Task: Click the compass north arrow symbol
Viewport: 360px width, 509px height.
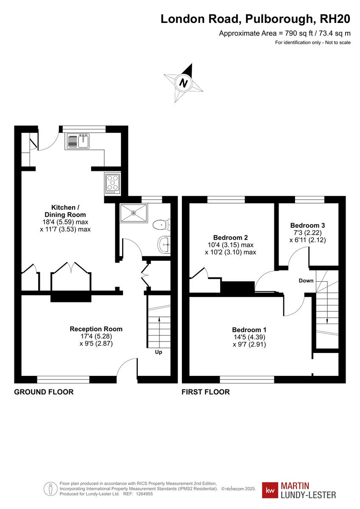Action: point(184,82)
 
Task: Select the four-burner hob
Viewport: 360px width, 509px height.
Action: point(113,184)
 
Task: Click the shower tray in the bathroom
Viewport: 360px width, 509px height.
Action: point(134,213)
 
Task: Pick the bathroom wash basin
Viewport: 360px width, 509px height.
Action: point(164,244)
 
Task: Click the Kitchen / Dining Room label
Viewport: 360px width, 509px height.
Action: point(65,211)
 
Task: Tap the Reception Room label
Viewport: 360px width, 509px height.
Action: point(96,329)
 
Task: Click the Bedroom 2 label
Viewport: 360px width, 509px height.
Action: point(230,238)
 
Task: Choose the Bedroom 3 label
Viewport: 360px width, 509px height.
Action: point(307,225)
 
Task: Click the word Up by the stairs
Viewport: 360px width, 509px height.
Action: point(158,352)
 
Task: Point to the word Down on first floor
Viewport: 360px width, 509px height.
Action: point(306,280)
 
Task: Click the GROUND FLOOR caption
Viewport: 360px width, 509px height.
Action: point(44,392)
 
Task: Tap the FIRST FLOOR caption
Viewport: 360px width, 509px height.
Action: point(206,392)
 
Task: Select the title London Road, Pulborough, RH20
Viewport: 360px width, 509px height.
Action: point(255,19)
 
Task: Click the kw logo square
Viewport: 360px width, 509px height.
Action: point(270,491)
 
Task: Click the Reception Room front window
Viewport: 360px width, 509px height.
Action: point(63,379)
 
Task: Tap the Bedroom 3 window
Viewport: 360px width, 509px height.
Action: point(310,199)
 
